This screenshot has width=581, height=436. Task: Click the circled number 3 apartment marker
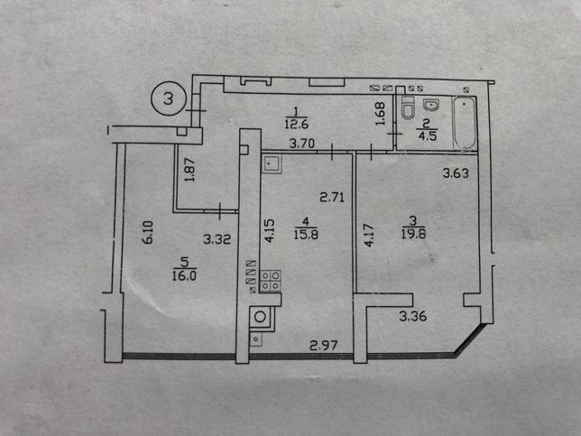168,98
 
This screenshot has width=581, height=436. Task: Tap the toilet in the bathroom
408,107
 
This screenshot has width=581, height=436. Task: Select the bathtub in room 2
465,123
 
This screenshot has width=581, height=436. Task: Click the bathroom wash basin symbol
431,106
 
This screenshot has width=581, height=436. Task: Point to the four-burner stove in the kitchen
270,281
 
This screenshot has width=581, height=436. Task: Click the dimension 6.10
147,232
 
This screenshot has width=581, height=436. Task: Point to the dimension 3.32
217,239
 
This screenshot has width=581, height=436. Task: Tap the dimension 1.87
189,170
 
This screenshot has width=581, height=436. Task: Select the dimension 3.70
302,144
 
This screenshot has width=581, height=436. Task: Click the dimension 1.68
381,114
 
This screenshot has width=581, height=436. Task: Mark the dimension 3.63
456,173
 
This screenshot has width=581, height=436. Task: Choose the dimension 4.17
369,235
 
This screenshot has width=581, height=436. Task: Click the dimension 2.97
324,346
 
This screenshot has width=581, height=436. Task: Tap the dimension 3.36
413,316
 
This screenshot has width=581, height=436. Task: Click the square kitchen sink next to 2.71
272,164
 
